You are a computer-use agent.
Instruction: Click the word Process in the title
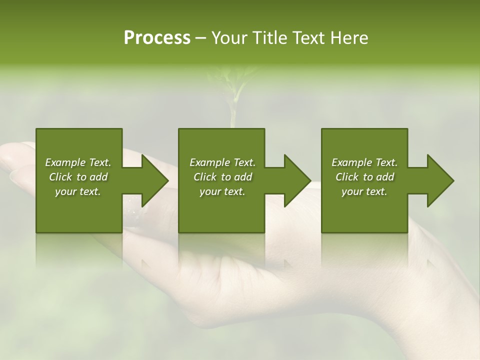pyautogui.click(x=157, y=38)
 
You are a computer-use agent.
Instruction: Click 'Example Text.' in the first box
pyautogui.click(x=78, y=162)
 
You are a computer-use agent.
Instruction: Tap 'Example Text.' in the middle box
pyautogui.click(x=222, y=162)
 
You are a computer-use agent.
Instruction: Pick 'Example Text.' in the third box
pyautogui.click(x=364, y=162)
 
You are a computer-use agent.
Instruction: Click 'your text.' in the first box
pyautogui.click(x=78, y=191)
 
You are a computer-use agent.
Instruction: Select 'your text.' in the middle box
pyautogui.click(x=222, y=191)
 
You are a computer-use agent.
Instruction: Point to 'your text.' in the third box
pyautogui.click(x=364, y=191)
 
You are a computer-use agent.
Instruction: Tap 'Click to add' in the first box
pyautogui.click(x=78, y=177)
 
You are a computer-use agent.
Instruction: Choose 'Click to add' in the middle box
pyautogui.click(x=222, y=177)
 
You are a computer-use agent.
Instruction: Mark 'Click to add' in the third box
pyautogui.click(x=364, y=177)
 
